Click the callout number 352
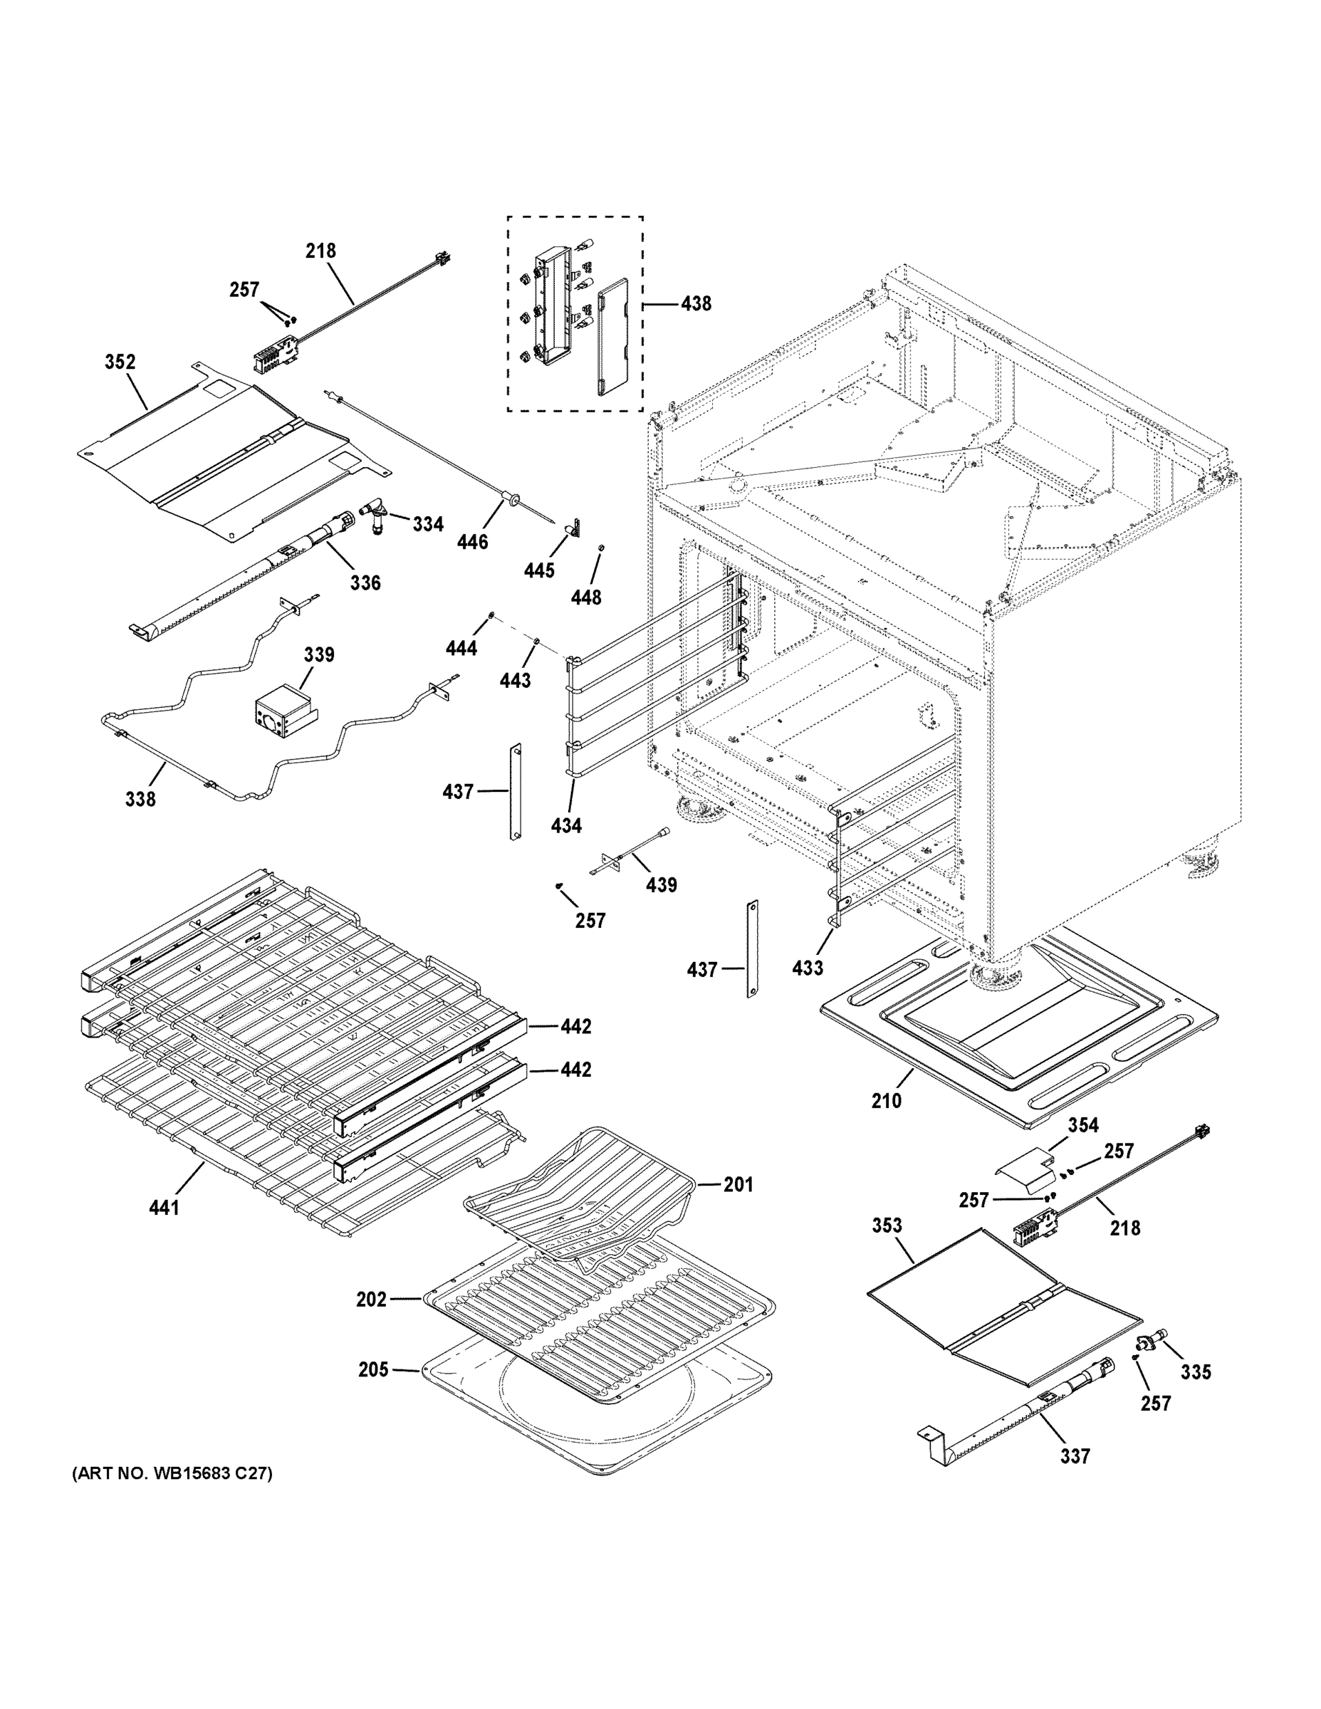(120, 362)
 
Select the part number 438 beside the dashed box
(695, 303)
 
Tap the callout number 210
(886, 1101)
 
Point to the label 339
(318, 654)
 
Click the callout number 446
(472, 541)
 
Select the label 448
(585, 598)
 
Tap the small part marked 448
(601, 547)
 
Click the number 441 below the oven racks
(164, 1208)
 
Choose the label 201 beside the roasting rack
(737, 1185)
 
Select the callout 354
(1083, 1125)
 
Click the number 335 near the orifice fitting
(1195, 1371)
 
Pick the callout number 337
(1075, 1456)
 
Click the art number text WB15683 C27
(172, 1474)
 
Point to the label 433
(807, 968)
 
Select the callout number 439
(662, 885)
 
